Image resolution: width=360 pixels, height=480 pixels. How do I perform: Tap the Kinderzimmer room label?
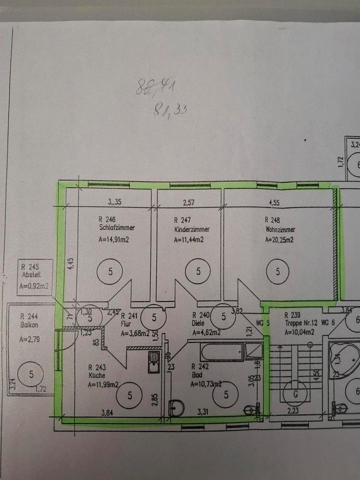(x=191, y=229)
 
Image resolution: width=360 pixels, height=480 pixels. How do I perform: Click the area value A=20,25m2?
(x=279, y=239)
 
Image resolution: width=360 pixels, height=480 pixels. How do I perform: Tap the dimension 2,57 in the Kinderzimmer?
(x=187, y=203)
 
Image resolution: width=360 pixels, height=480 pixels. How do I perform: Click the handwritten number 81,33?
(x=168, y=107)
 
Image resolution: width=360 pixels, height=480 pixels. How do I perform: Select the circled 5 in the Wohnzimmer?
(x=278, y=271)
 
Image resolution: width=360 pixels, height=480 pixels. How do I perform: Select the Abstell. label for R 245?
(x=31, y=275)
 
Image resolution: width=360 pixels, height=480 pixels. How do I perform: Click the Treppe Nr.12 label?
(x=301, y=324)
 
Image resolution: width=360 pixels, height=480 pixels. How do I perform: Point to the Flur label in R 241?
(x=126, y=324)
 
